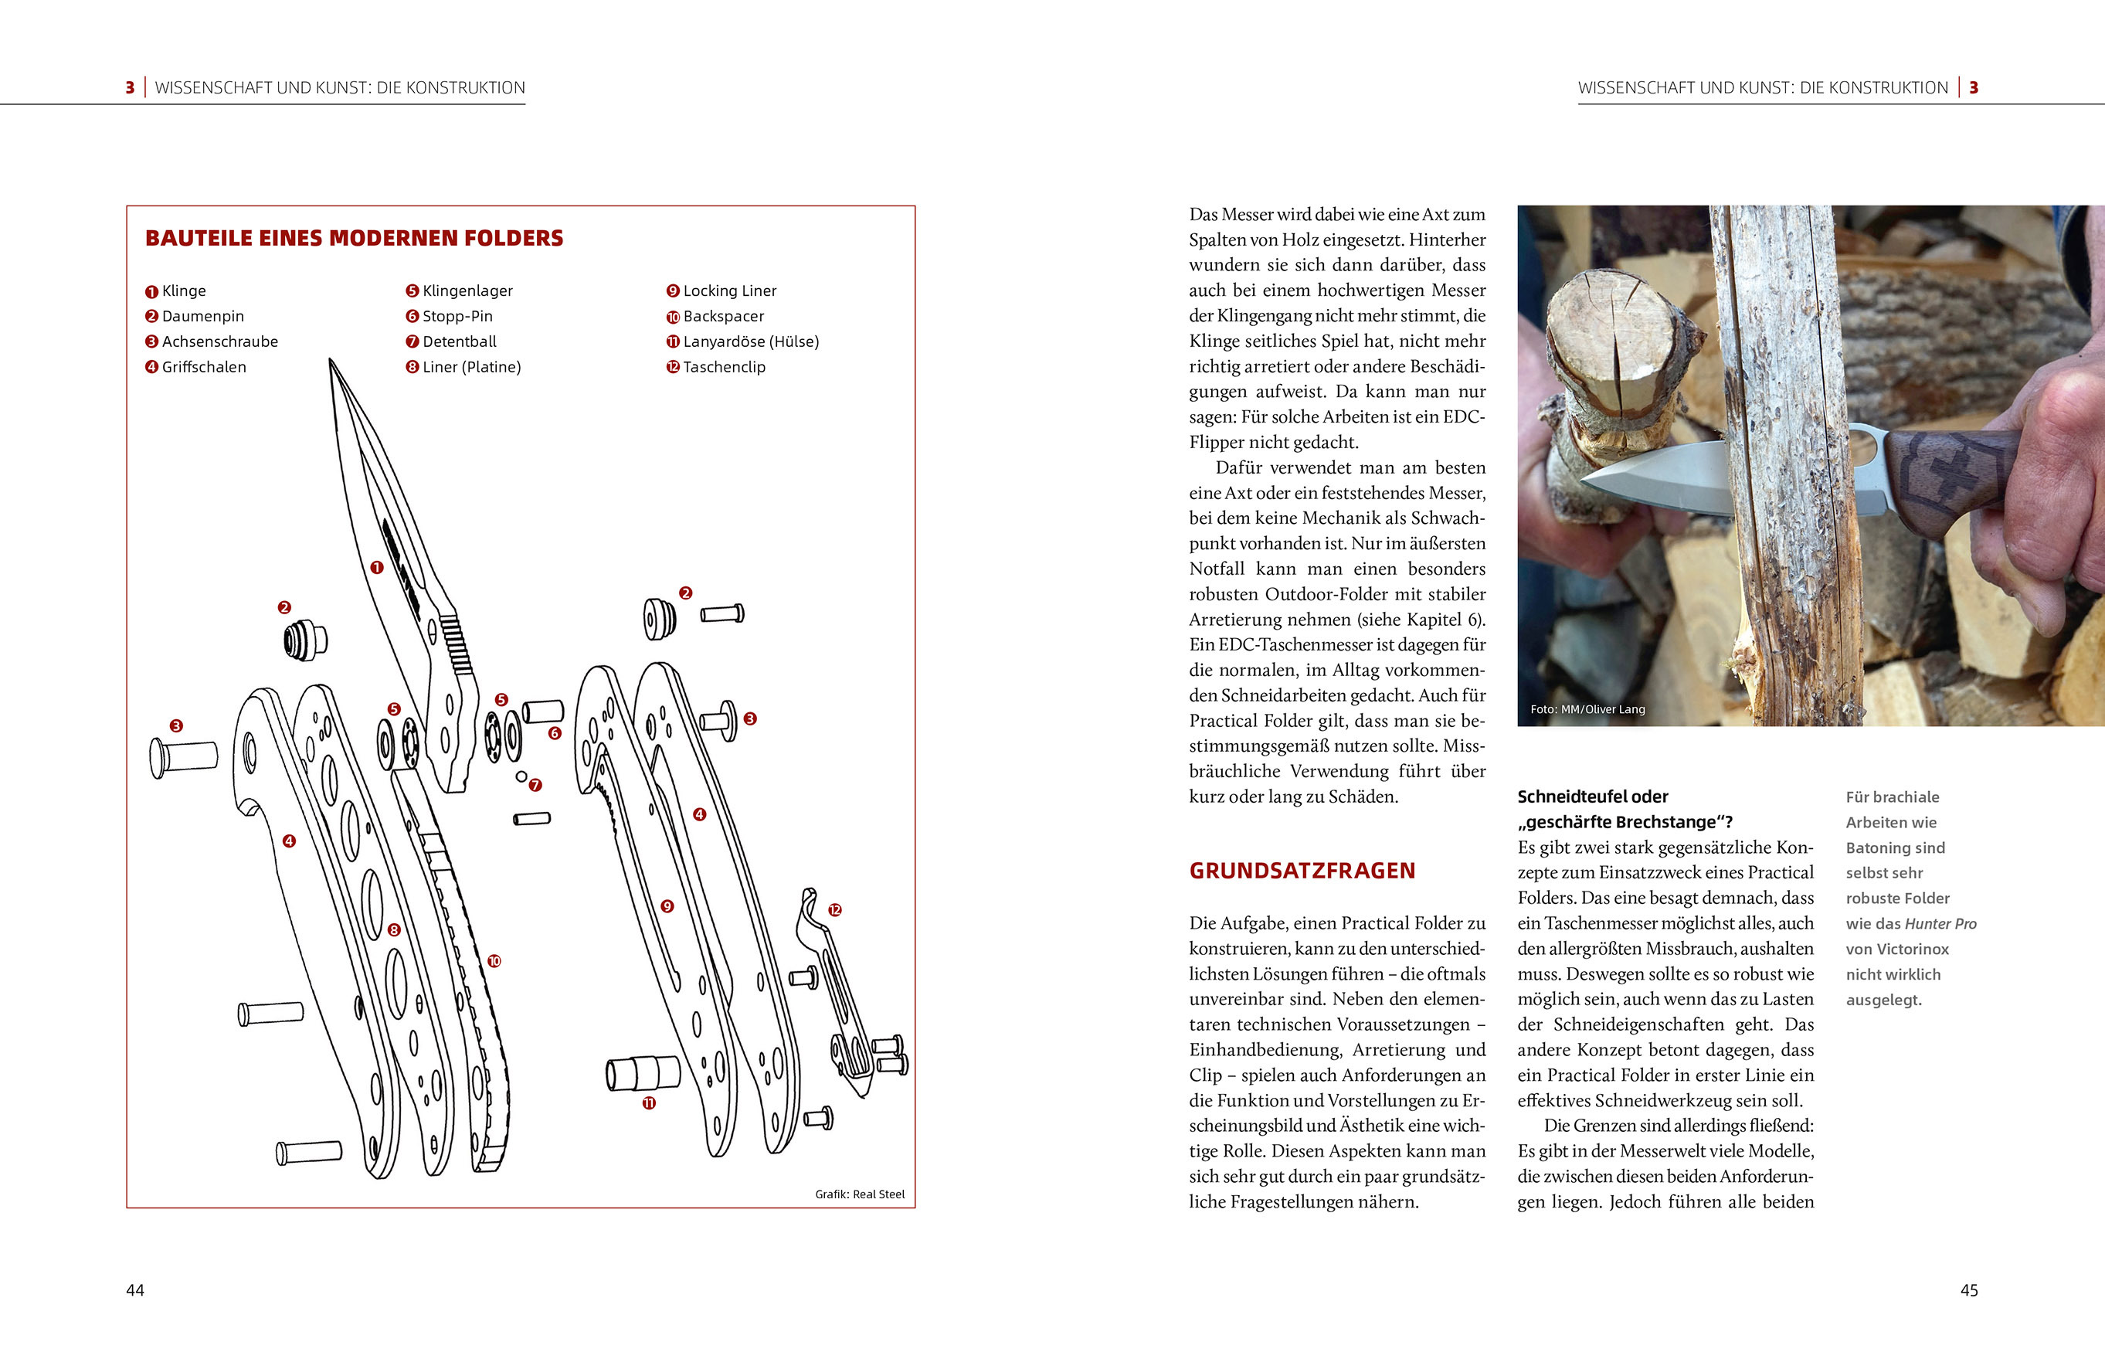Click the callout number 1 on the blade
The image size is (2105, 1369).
[x=377, y=567]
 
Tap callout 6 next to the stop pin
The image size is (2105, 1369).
[x=555, y=732]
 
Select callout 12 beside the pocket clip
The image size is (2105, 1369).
[x=835, y=909]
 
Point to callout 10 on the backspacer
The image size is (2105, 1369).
[x=494, y=960]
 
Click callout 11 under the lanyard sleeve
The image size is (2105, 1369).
[x=649, y=1102]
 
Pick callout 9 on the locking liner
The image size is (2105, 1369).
[x=667, y=905]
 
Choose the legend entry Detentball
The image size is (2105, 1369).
[x=459, y=341]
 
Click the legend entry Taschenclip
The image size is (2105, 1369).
[x=724, y=367]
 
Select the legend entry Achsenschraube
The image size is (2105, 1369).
[x=219, y=341]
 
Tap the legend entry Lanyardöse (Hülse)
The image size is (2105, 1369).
[x=750, y=341]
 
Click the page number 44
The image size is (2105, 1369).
[x=135, y=1290]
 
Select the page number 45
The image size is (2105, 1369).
[x=1969, y=1290]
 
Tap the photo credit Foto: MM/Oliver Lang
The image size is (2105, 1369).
[x=1587, y=709]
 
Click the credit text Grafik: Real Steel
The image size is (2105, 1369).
[x=860, y=1194]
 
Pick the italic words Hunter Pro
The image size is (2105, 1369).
[x=1940, y=923]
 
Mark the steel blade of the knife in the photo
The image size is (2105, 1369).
[x=1654, y=477]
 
